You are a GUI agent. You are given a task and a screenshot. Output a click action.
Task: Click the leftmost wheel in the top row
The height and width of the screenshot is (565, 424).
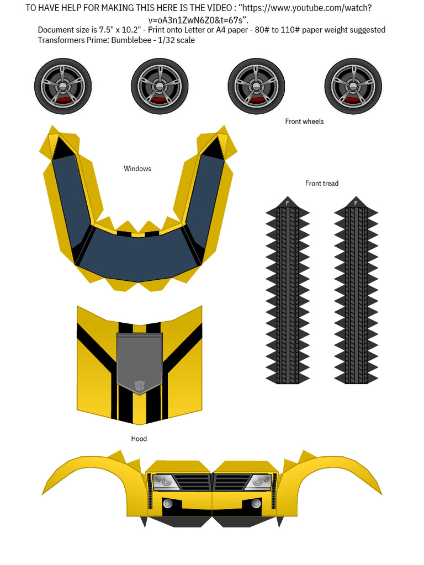tap(63, 87)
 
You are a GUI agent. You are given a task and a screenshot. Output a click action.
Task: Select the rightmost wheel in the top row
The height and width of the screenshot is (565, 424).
tap(353, 87)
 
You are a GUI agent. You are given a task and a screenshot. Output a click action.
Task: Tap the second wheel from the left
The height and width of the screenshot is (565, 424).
tap(160, 87)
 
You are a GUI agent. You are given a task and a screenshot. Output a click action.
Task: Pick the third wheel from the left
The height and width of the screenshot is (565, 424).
tap(256, 87)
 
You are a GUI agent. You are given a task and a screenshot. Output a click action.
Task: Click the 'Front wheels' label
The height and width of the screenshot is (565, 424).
tap(304, 121)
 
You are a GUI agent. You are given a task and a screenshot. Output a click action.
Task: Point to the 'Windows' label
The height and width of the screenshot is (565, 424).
tap(137, 169)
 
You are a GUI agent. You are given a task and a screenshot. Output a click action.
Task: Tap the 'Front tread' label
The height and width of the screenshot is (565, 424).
tap(322, 183)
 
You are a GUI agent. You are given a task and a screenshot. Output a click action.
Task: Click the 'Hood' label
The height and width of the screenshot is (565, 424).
tap(139, 439)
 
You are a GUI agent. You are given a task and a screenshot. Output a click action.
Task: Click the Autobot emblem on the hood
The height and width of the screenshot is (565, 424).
tap(139, 386)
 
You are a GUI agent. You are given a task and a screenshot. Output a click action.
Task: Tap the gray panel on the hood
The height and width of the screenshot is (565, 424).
tap(139, 359)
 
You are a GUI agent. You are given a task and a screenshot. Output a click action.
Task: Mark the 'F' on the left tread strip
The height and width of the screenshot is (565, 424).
tap(287, 203)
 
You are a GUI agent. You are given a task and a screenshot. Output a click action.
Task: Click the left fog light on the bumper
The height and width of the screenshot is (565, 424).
tap(167, 503)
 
